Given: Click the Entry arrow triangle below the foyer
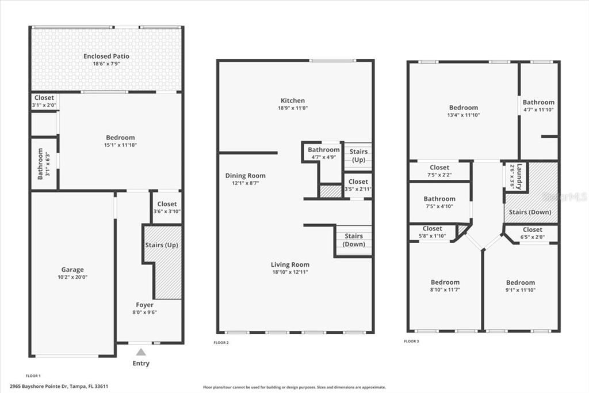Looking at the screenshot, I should coord(141,352).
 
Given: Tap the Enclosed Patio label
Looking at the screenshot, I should coord(106,56).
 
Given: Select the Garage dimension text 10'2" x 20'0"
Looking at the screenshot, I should coord(72,277).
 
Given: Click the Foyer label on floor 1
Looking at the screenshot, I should coord(144,305).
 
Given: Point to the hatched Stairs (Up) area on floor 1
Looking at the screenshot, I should coord(167,271).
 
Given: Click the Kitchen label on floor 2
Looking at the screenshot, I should coord(292,101).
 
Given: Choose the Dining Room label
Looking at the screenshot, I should coord(245,176).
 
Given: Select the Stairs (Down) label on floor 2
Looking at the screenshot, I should coord(354,240).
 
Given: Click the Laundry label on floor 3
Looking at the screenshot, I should coord(519,177).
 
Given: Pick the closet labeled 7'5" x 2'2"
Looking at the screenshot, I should coord(439,171).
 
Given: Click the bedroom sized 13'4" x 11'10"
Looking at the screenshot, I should coord(464,111).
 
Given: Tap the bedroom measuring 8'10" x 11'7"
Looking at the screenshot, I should coord(445,286).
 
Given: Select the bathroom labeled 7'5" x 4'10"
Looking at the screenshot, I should coord(439,202).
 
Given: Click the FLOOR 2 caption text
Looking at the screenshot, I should coord(221,342).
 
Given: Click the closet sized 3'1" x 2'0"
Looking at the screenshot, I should coord(44,101).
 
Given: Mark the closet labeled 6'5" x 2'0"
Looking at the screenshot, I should coord(532,233).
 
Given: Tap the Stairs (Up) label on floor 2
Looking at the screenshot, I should coord(358,155).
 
